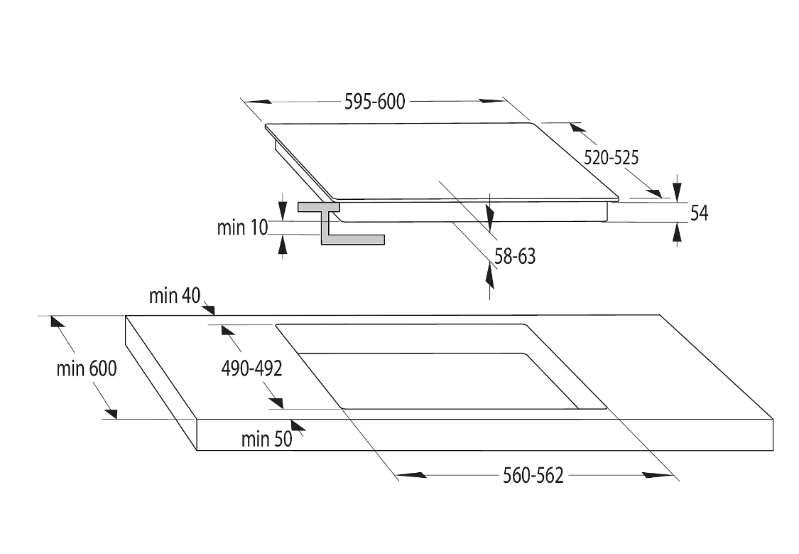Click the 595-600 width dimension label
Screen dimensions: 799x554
point(374,102)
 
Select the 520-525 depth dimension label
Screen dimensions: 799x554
point(611,158)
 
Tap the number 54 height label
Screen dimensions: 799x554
point(699,213)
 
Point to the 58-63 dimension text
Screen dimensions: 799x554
point(515,256)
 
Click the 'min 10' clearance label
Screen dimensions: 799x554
point(243,228)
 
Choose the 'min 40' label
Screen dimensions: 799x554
point(175,295)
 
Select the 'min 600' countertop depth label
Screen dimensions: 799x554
point(87,368)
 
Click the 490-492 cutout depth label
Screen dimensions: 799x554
point(251,368)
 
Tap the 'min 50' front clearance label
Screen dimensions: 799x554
point(267,439)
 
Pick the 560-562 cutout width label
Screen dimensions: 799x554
point(533,476)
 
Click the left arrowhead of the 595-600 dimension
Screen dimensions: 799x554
point(258,102)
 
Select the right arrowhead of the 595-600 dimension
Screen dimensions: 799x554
point(491,101)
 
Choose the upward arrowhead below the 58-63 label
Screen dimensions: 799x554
point(489,276)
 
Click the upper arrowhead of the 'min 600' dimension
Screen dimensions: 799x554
point(58,321)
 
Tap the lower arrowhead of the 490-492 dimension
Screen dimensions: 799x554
point(276,403)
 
